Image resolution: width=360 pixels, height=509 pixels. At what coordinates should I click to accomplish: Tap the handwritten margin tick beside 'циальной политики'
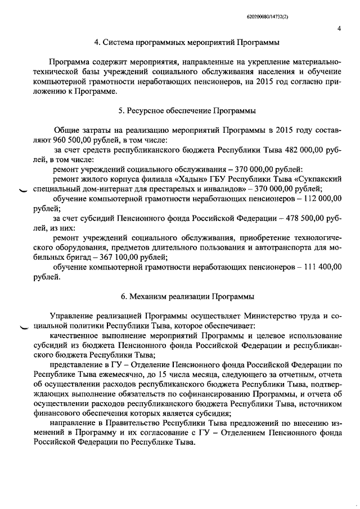(x=23, y=327)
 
